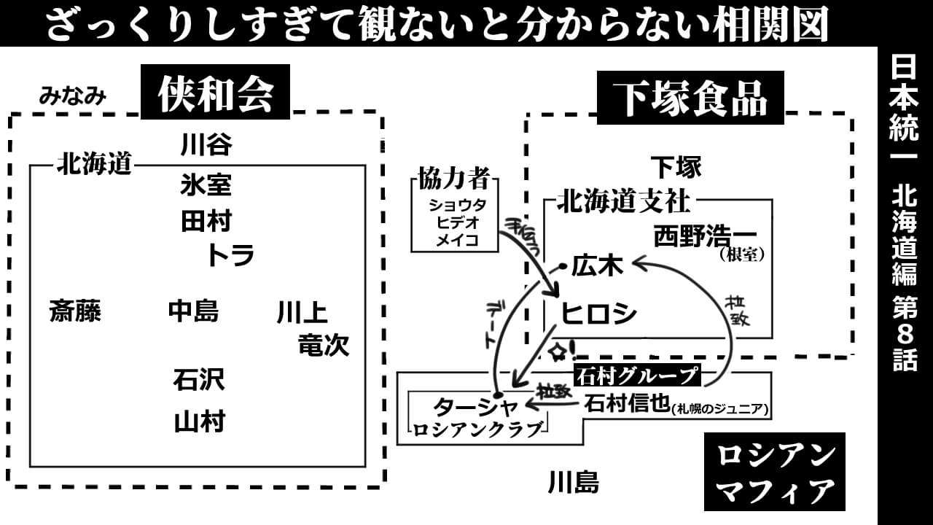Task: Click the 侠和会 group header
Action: pos(215,93)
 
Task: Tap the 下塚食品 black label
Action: pos(690,98)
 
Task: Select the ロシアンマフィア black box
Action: pos(774,472)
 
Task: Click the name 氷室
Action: pos(206,184)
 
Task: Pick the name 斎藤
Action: pos(75,312)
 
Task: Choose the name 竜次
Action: pos(324,345)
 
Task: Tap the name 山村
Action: pos(199,421)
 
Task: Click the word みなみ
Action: pos(73,96)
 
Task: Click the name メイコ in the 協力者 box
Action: pos(457,240)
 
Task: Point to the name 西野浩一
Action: pos(705,236)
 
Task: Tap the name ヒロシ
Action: pos(598,314)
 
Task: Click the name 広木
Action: pos(597,267)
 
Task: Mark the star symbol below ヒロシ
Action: pos(558,352)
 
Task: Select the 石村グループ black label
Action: pos(636,376)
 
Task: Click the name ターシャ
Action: pos(475,405)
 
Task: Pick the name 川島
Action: pos(573,482)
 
